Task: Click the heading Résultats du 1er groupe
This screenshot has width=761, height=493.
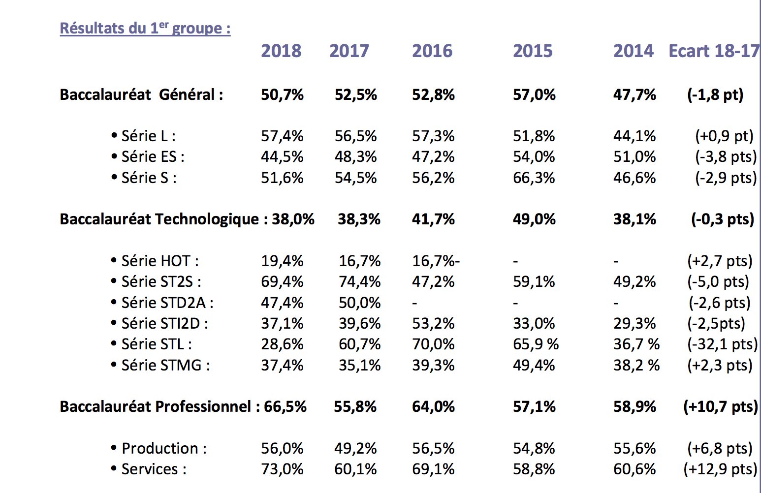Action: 145,29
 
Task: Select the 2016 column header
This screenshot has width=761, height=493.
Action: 432,51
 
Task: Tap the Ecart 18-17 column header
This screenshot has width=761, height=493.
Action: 713,51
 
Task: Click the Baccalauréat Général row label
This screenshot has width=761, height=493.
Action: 141,94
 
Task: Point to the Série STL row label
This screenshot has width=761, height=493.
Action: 156,344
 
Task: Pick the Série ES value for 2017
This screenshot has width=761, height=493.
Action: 355,157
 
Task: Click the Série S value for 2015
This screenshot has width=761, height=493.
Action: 534,178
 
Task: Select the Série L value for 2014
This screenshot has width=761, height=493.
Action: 634,136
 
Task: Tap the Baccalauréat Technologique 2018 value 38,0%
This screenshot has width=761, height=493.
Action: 293,219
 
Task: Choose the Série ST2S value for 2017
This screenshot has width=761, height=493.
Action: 359,282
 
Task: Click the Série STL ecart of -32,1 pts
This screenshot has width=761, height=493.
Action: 722,344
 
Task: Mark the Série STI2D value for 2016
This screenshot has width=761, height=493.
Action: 433,324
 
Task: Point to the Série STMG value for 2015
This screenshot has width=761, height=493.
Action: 534,366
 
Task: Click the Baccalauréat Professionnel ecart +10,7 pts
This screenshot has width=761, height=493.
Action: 721,407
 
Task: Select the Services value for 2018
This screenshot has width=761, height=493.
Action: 282,469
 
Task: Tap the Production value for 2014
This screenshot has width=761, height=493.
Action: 634,449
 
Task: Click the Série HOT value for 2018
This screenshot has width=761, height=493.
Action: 282,261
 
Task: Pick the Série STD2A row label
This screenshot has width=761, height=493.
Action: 167,303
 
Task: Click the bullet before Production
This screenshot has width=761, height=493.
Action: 114,448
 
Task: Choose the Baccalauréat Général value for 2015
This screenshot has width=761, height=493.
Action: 534,94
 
